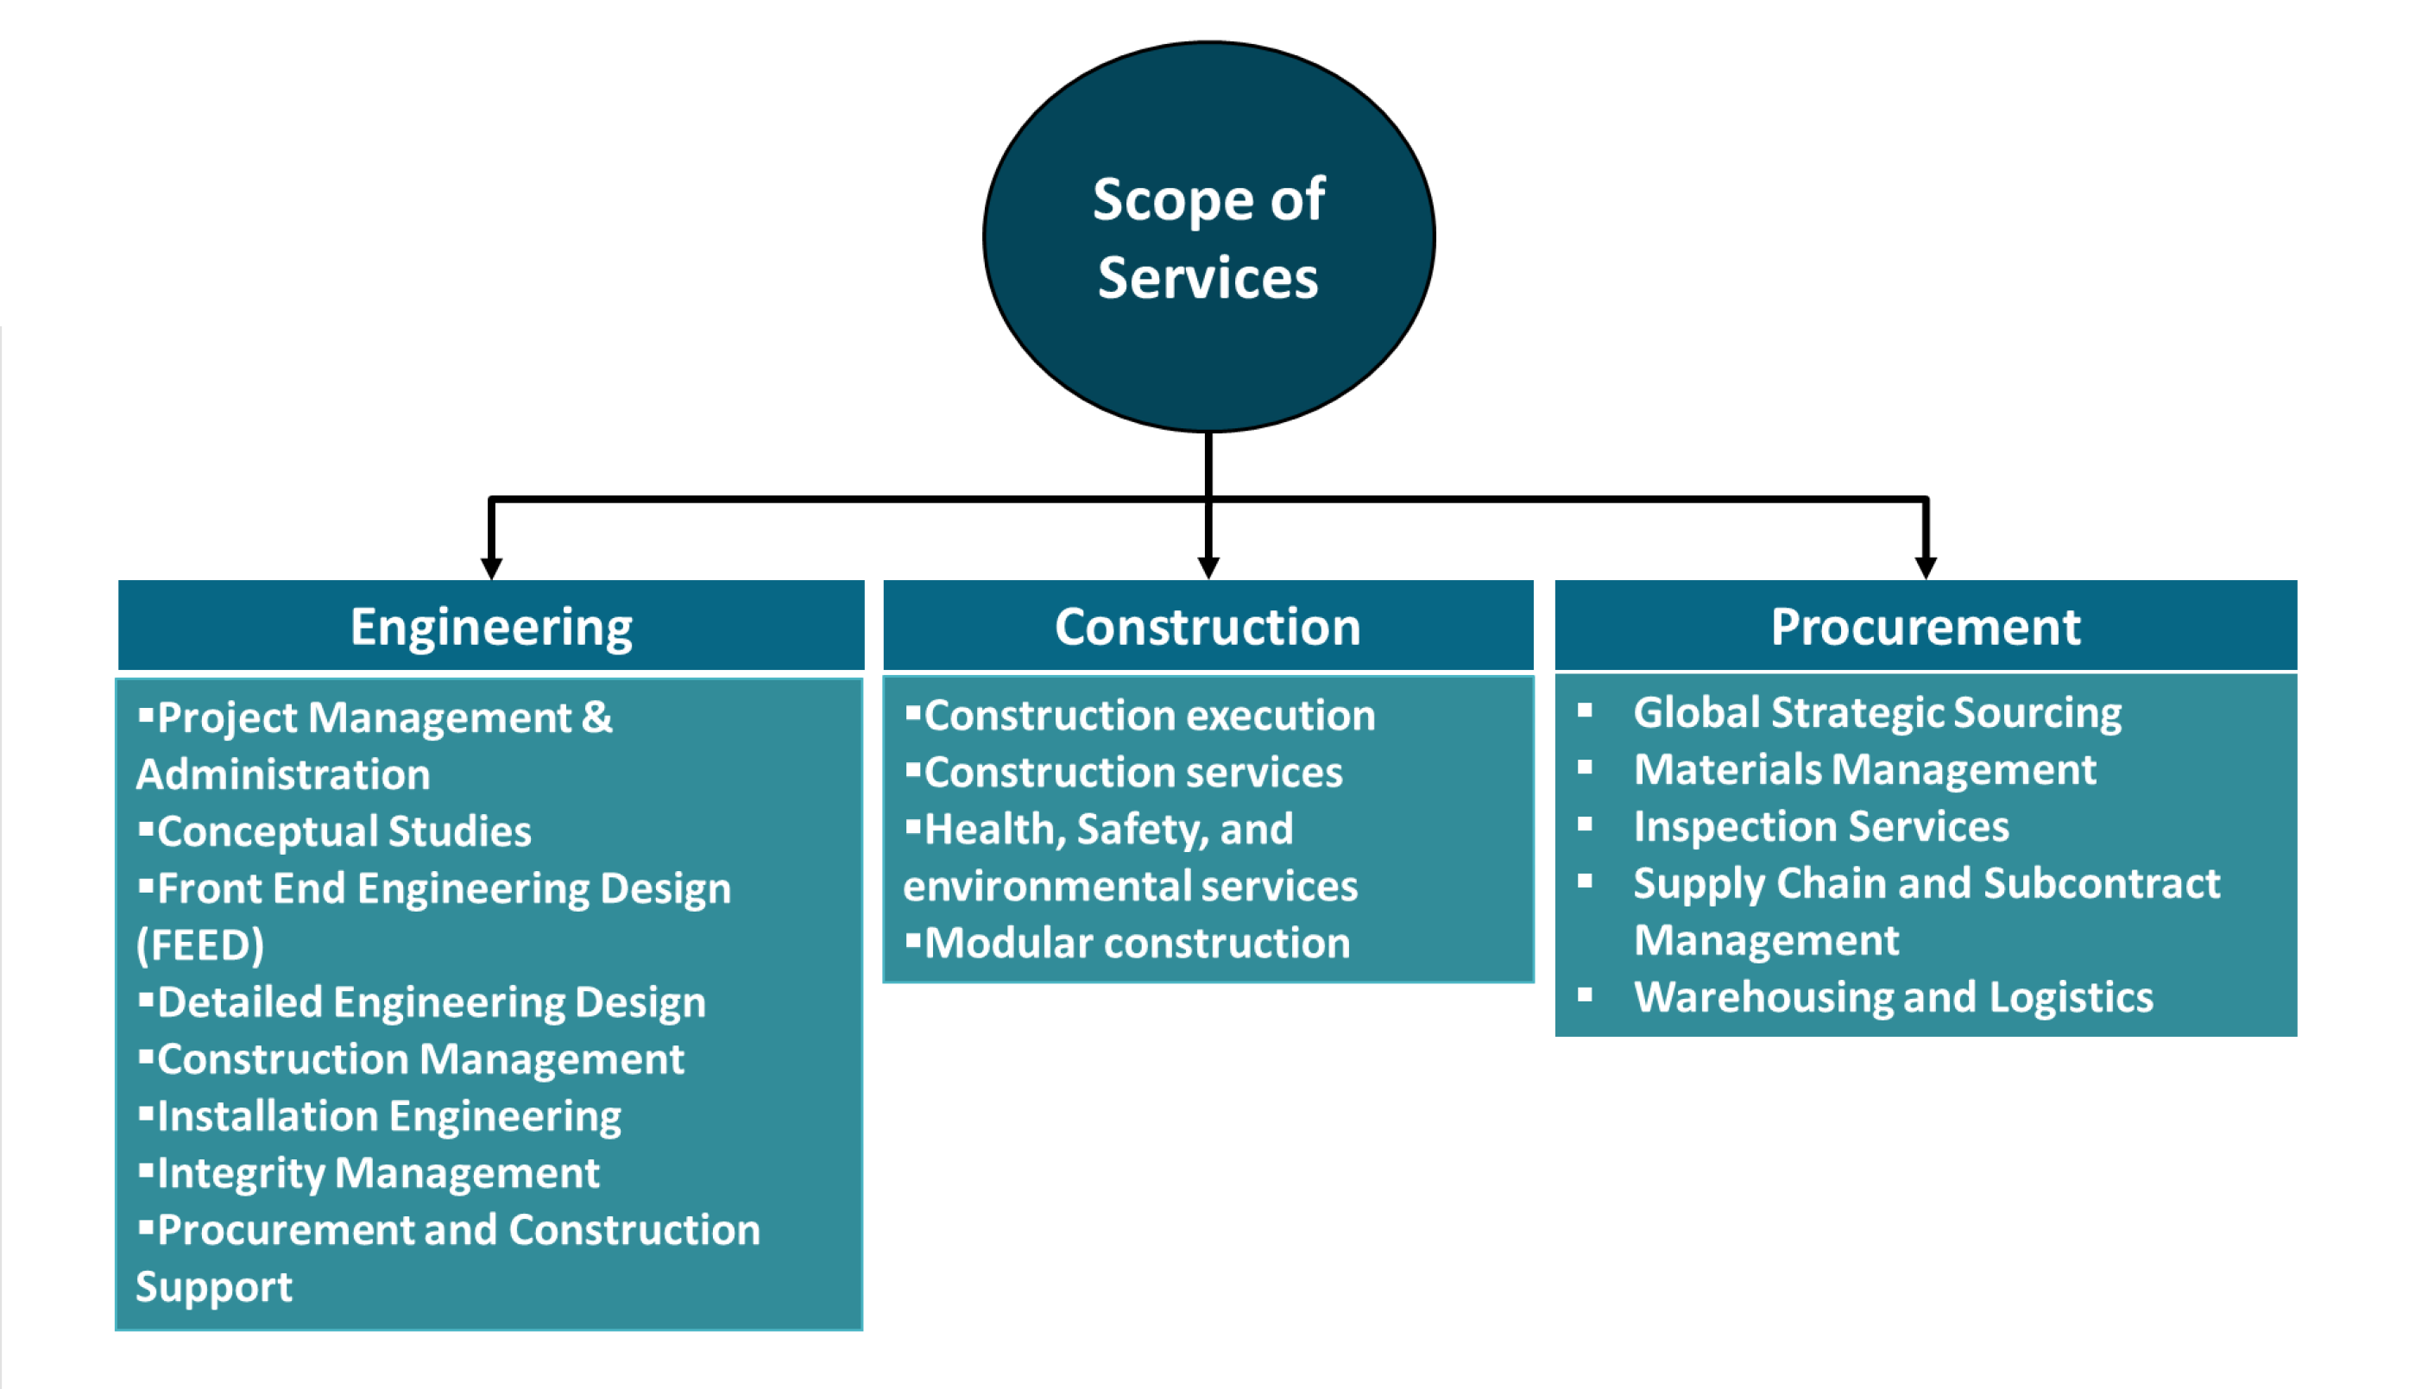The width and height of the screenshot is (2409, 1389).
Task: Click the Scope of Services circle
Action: [x=1208, y=237]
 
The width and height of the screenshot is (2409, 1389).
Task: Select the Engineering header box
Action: [x=491, y=627]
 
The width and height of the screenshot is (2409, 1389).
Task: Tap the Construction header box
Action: [x=1208, y=627]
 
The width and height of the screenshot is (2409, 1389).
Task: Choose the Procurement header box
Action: [x=1925, y=627]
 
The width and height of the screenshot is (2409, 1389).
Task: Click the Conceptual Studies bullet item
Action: [x=344, y=832]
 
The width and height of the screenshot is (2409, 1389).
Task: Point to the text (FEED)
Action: [x=200, y=945]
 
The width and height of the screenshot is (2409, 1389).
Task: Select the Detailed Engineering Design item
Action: [x=431, y=1002]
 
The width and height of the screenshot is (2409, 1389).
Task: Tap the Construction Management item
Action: [x=419, y=1060]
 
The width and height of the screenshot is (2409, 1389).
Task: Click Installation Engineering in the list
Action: [x=388, y=1116]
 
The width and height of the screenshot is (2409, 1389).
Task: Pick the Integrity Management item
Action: [x=378, y=1173]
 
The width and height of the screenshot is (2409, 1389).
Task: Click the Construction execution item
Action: [x=1149, y=716]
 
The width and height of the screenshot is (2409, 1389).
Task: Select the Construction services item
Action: [x=1133, y=773]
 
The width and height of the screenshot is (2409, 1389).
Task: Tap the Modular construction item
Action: [x=1137, y=944]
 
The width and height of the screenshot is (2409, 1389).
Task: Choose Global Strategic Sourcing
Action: [x=1876, y=712]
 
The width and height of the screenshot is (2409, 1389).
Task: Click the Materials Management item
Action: [x=1864, y=770]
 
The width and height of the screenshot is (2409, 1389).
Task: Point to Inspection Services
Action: [x=1820, y=827]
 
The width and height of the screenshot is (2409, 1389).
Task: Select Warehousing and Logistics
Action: [x=1893, y=998]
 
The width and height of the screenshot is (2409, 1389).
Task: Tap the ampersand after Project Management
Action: [x=597, y=717]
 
